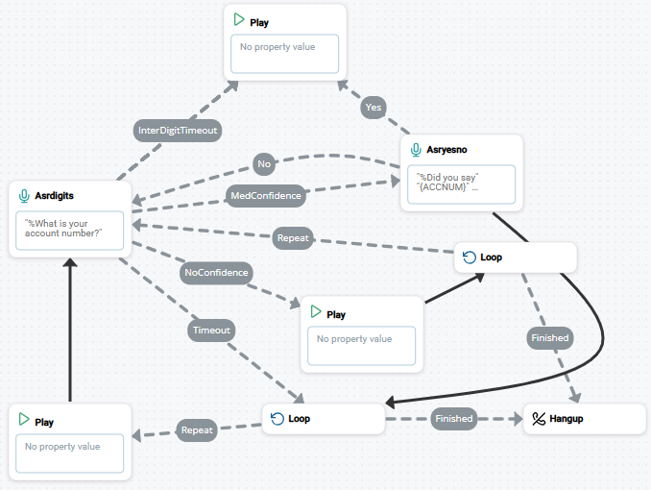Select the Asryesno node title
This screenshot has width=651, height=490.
[x=447, y=150]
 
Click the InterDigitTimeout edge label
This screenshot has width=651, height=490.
[x=178, y=130]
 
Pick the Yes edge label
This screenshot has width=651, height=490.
[x=374, y=108]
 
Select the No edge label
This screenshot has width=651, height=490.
[x=264, y=164]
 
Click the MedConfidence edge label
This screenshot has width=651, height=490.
[x=266, y=195]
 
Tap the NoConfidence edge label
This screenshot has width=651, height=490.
[x=216, y=272]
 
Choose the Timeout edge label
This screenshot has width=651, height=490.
[x=211, y=331]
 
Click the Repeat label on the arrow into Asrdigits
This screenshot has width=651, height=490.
[x=292, y=238]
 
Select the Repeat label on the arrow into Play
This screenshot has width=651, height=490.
[x=197, y=430]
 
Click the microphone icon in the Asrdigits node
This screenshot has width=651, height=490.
[x=24, y=195]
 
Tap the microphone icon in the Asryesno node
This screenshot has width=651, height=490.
[x=416, y=150]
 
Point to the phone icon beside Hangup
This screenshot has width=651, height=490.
[x=539, y=419]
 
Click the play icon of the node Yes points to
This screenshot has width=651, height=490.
[x=239, y=20]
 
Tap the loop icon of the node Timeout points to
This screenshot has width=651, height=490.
[x=277, y=419]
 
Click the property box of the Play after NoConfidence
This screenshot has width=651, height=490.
[x=361, y=345]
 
